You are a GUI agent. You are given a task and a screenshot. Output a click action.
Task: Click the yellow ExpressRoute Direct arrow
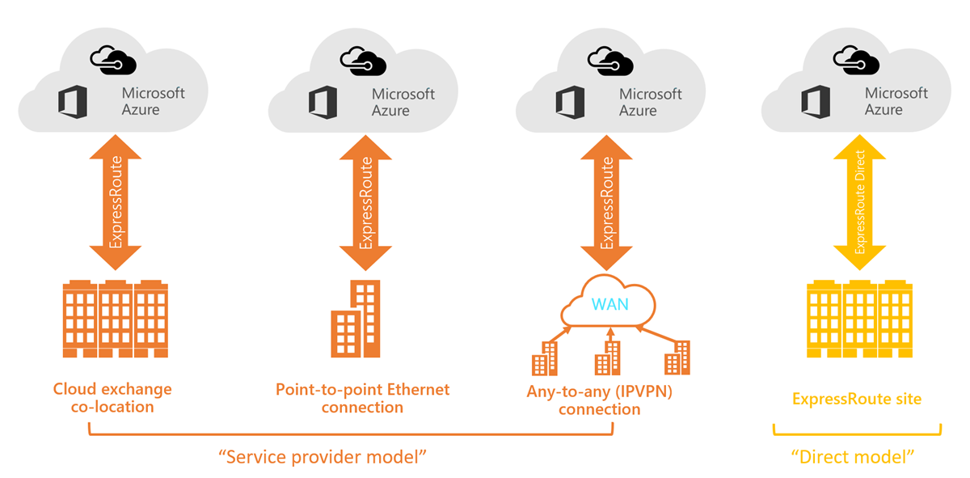point(859,202)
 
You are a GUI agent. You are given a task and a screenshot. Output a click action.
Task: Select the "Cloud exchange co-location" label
point(112,398)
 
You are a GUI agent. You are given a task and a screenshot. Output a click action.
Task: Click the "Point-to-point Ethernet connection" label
point(362,398)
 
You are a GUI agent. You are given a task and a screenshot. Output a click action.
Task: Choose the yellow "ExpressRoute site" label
point(857,399)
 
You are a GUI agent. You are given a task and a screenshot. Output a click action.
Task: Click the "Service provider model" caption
point(323,457)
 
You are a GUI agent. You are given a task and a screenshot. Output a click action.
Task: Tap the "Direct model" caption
point(852,457)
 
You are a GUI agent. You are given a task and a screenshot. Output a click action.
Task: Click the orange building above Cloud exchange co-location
point(116,319)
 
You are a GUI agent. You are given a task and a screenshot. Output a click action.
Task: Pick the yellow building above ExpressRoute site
point(860,319)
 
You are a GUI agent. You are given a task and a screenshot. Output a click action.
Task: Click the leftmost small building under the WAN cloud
point(544,359)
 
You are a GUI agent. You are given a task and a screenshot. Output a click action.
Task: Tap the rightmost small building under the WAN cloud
point(676,357)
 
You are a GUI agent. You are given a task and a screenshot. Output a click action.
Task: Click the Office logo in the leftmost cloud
point(73,102)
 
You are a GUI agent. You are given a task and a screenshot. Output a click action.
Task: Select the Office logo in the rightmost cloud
point(816,102)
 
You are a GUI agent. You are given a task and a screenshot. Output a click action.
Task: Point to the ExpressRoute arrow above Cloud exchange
point(116,202)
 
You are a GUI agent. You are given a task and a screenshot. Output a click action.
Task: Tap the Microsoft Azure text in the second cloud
point(403,102)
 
